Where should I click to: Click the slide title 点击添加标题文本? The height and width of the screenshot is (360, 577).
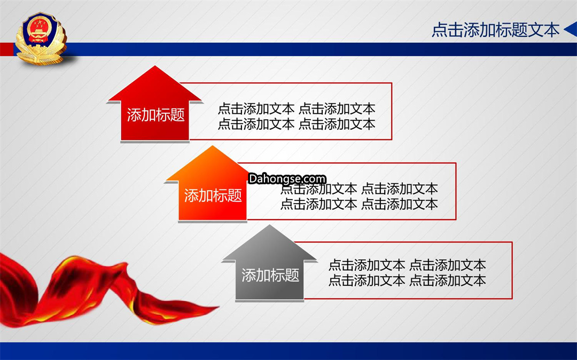click(x=495, y=30)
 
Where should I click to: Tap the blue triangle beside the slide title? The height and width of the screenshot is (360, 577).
click(x=571, y=29)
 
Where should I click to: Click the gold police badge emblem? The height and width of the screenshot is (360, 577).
click(x=41, y=38)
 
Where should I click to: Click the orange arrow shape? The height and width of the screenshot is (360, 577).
click(x=212, y=184)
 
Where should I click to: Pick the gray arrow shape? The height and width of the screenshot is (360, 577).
click(x=269, y=263)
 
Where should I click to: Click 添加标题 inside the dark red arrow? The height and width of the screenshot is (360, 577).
click(x=155, y=115)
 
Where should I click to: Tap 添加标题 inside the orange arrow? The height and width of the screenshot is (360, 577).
click(x=213, y=195)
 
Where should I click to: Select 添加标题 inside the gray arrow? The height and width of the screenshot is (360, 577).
click(x=270, y=275)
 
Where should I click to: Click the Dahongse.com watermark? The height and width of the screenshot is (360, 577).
click(x=287, y=179)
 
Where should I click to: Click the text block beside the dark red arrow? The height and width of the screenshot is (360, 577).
click(x=297, y=116)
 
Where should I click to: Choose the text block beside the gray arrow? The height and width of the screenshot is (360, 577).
click(x=407, y=272)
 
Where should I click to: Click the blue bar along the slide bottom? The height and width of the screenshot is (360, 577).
click(x=288, y=351)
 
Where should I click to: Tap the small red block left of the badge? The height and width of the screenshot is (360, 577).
click(x=7, y=49)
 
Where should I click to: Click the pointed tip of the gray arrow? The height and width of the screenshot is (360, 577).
click(x=269, y=225)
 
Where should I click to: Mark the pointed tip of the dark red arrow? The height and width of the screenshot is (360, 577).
click(x=155, y=66)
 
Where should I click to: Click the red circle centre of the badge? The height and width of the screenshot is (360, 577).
click(x=38, y=28)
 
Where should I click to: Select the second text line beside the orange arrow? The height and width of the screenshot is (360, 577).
click(x=359, y=204)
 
